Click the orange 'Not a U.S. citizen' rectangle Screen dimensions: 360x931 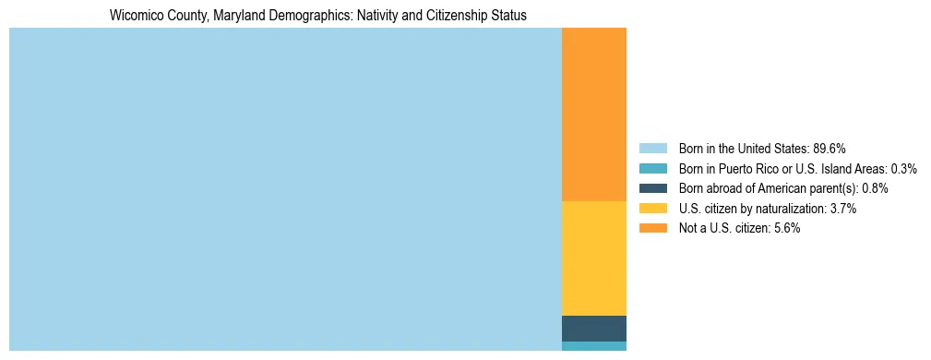pos(593,114)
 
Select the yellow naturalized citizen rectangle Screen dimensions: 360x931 pos(593,258)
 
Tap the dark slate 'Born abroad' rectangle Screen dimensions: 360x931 pos(593,329)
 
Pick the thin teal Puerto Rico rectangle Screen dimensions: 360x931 pos(593,346)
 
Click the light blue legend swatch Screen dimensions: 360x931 pos(652,149)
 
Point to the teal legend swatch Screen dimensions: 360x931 pos(652,169)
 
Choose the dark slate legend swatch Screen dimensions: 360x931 pos(652,188)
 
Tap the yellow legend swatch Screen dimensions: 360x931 pos(652,209)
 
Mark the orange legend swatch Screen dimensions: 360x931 pos(652,229)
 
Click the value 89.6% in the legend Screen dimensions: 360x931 pos(829,149)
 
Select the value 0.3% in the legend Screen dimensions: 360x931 pos(904,169)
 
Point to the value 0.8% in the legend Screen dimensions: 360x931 pos(875,188)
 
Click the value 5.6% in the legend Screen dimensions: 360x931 pos(787,229)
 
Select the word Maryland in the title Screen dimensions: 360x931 pos(222,16)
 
